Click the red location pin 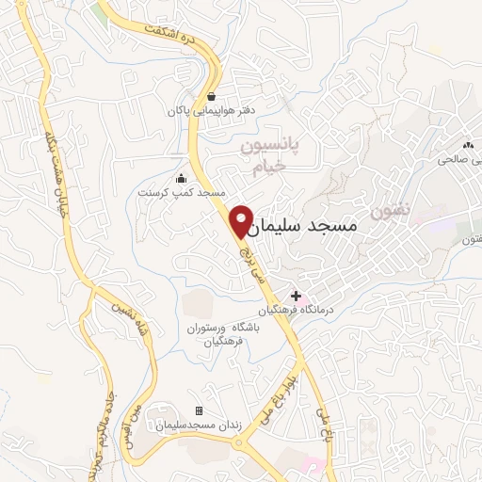pyautogui.click(x=242, y=219)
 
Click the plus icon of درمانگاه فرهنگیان pyautogui.click(x=297, y=296)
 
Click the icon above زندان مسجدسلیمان pyautogui.click(x=198, y=411)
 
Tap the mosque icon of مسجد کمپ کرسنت pyautogui.click(x=181, y=179)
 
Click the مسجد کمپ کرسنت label pyautogui.click(x=178, y=192)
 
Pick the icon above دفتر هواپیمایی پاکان pyautogui.click(x=210, y=96)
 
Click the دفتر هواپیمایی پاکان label pyautogui.click(x=207, y=111)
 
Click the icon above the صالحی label pyautogui.click(x=468, y=145)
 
